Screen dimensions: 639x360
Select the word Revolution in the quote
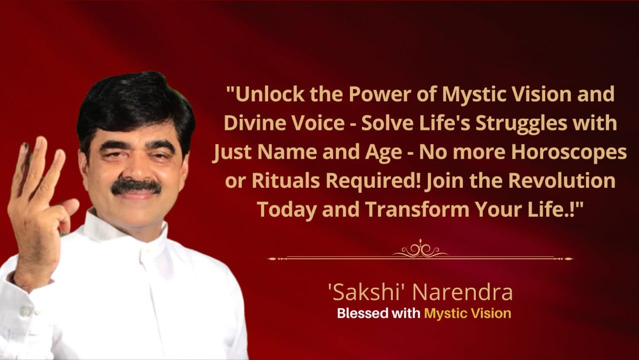562,181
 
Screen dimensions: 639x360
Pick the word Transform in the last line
417,210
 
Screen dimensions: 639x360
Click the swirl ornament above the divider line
420,249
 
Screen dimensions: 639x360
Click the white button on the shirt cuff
25,312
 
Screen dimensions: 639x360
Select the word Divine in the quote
255,123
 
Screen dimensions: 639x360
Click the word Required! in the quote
373,181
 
